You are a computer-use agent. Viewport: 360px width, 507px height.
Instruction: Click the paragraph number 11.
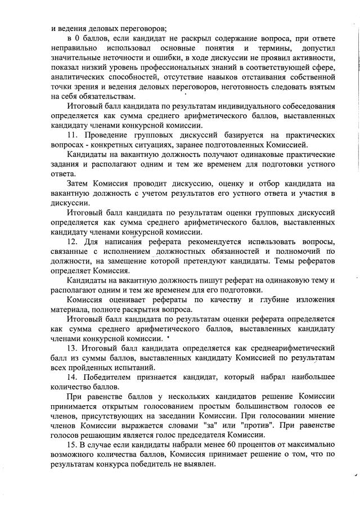click(x=72, y=136)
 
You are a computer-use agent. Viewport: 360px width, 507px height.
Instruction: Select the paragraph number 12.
click(x=72, y=241)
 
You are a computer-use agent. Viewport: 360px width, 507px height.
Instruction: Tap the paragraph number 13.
click(x=72, y=347)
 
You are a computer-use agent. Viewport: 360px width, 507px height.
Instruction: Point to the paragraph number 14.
click(x=72, y=375)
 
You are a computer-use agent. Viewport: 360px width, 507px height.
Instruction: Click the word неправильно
click(x=73, y=47)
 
